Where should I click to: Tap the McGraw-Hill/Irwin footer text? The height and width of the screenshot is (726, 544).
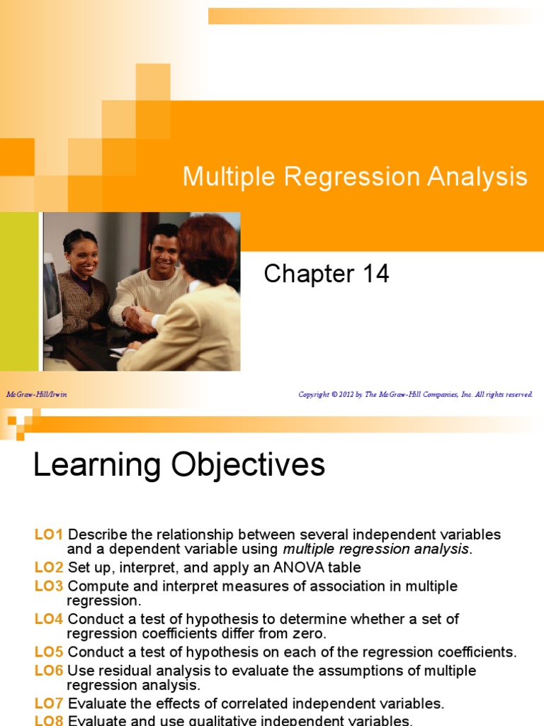tap(36, 394)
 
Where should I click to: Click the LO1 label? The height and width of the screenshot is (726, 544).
tap(49, 535)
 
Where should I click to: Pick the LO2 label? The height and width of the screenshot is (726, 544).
tap(49, 567)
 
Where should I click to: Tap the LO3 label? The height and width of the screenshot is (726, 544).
tap(49, 586)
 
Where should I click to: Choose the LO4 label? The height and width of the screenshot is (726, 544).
tap(49, 619)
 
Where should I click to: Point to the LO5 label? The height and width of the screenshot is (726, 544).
tap(49, 652)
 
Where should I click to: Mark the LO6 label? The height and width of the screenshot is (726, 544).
tap(49, 671)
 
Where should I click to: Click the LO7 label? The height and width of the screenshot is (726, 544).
tap(49, 703)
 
